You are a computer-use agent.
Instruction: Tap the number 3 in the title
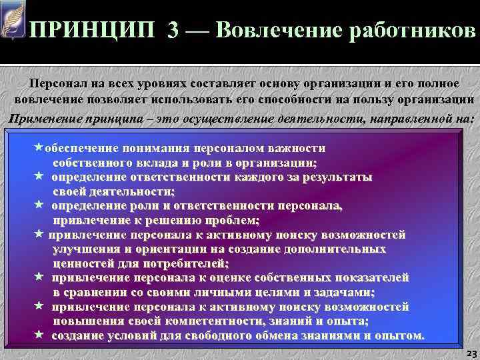click(x=173, y=31)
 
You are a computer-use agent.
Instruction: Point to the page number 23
click(x=469, y=352)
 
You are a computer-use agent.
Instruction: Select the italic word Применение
click(x=46, y=118)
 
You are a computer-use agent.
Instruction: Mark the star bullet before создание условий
click(x=39, y=334)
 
